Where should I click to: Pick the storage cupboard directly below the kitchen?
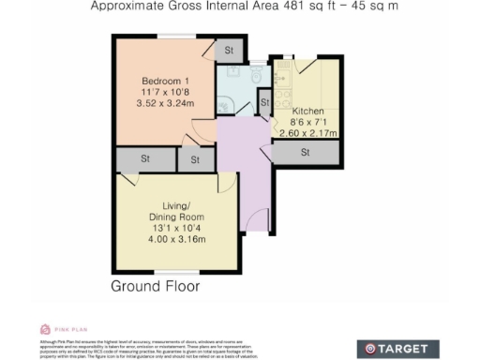[x=307, y=153]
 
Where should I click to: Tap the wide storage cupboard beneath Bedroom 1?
[x=145, y=159]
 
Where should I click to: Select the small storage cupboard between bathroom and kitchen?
[x=264, y=102]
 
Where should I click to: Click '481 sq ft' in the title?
[x=280, y=6]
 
